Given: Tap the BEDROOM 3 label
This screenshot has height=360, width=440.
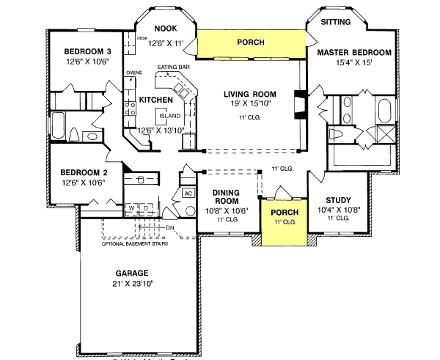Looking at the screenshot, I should click(x=87, y=51).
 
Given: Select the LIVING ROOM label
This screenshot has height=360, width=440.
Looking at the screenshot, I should click(x=249, y=94).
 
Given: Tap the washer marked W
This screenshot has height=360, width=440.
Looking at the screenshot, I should click(x=132, y=207).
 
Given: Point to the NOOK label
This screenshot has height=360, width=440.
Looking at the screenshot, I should click(x=161, y=29).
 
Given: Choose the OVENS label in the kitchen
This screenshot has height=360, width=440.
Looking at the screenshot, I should click(x=133, y=73).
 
